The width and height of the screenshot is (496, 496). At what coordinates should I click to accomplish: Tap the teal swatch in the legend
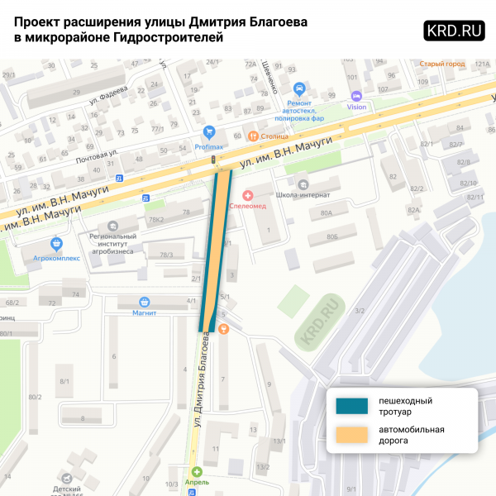352,406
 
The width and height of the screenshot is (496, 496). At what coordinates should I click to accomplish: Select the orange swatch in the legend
352,436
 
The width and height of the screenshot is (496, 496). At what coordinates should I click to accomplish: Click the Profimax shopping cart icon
209,131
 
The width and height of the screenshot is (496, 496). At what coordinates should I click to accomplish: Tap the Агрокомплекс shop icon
56,244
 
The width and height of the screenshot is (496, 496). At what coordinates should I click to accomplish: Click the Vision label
356,107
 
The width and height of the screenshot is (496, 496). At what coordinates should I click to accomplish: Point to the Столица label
272,136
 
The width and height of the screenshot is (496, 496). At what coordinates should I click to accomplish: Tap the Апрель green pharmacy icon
197,471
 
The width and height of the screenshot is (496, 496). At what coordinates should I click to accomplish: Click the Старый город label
442,64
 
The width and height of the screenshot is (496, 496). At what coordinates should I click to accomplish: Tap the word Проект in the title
40,21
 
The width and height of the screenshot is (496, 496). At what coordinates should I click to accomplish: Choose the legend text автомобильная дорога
412,435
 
